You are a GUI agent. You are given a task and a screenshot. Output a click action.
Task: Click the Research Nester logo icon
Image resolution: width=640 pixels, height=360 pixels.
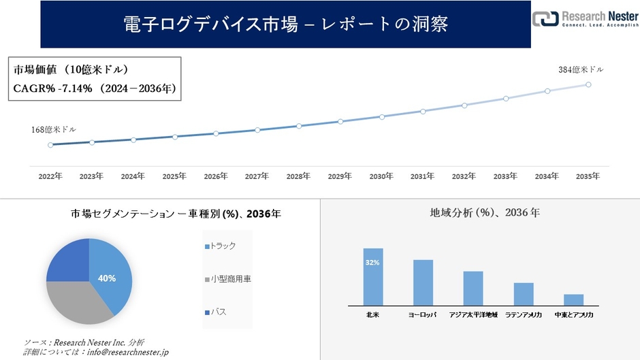click(x=545, y=18)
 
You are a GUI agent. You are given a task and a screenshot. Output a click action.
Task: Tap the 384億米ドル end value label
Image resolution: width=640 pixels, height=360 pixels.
click(x=580, y=69)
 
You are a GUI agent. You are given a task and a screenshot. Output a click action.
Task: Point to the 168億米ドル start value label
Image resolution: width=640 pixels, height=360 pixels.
click(x=54, y=129)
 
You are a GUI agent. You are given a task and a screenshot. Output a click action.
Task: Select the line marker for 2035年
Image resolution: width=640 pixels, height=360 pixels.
click(x=588, y=84)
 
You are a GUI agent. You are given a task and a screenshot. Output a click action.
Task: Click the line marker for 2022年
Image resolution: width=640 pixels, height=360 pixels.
click(x=50, y=145)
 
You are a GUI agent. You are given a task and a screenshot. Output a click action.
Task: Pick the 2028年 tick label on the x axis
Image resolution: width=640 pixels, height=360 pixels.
click(x=298, y=176)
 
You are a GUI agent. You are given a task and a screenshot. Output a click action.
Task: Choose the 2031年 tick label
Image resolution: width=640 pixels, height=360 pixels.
click(x=422, y=176)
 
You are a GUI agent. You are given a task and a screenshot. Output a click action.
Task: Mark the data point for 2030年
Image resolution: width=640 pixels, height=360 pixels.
click(x=381, y=116)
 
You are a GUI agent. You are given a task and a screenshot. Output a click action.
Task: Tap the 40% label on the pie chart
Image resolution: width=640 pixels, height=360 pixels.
click(x=107, y=278)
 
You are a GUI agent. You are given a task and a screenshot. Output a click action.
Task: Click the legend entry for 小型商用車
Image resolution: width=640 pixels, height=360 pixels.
click(x=227, y=279)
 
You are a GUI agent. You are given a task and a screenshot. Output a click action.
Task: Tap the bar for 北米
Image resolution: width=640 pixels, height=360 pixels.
click(x=373, y=277)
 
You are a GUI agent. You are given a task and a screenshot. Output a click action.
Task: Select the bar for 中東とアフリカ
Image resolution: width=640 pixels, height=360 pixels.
click(x=574, y=299)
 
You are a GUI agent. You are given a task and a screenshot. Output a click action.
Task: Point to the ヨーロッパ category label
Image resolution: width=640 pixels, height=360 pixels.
click(x=423, y=316)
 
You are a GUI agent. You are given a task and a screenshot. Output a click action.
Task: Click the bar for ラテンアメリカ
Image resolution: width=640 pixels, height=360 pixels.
click(x=524, y=294)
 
